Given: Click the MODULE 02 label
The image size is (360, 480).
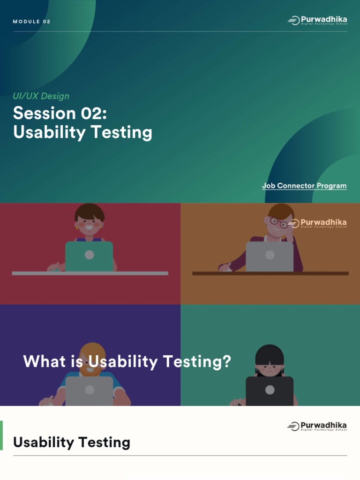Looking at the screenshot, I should coord(31,22).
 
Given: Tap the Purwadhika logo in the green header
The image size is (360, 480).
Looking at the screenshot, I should coord(317,20).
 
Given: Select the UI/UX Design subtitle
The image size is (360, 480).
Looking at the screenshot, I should coord(41,96).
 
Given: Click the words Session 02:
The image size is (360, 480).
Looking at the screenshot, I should coord(57,113).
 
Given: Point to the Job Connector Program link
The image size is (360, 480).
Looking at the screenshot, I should coord(304,186).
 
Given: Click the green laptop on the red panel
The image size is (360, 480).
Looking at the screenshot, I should coord(89,256).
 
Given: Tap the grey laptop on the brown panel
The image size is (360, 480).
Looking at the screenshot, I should coord(270,256).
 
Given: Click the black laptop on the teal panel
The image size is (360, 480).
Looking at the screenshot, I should coord(270,391).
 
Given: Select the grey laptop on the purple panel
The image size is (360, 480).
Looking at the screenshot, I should coord(89,391).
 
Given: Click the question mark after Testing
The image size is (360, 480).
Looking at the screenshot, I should coord(227,361).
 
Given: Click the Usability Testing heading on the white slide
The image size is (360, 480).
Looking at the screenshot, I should coord(72,442).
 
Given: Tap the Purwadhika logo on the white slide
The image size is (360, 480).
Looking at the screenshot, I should coord(317,426).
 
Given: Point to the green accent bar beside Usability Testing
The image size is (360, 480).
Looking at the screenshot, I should coord(1,435).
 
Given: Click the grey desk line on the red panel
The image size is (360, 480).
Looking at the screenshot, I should coord(90,273).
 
